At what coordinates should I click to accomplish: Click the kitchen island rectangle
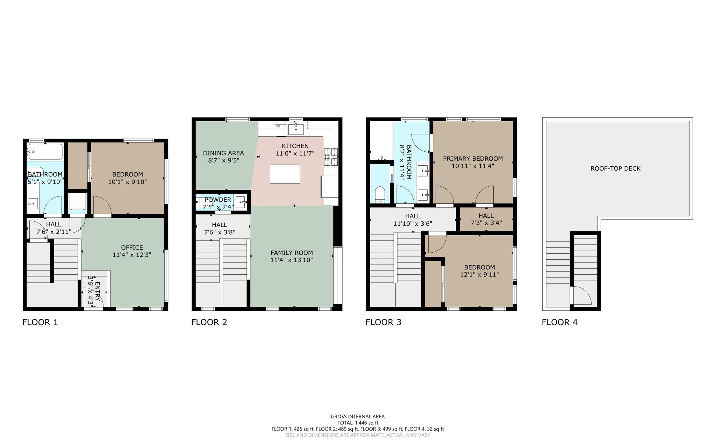tap(285, 174)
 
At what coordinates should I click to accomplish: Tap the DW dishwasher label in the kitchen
tap(278, 126)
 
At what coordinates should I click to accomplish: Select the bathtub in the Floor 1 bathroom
tap(45, 152)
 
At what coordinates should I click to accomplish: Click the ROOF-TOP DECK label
tap(615, 168)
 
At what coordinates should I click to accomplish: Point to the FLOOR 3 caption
tap(383, 322)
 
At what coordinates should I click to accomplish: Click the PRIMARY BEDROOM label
tap(473, 159)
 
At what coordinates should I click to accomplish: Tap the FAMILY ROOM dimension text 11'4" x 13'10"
tap(291, 260)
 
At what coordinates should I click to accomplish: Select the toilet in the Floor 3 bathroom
tap(380, 195)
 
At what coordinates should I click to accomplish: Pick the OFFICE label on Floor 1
tap(132, 247)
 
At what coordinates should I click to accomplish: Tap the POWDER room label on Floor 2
tap(218, 200)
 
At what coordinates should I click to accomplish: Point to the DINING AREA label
tap(223, 153)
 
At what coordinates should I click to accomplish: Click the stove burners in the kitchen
tap(330, 156)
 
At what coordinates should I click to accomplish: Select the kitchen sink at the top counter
tap(296, 129)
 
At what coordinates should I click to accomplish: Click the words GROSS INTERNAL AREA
tap(357, 417)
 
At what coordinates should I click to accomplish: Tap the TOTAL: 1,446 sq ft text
tap(357, 423)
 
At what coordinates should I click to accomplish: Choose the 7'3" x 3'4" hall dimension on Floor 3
tap(486, 223)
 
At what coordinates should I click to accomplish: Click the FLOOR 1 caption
tap(40, 322)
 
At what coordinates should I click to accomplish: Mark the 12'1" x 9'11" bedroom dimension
tap(479, 275)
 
